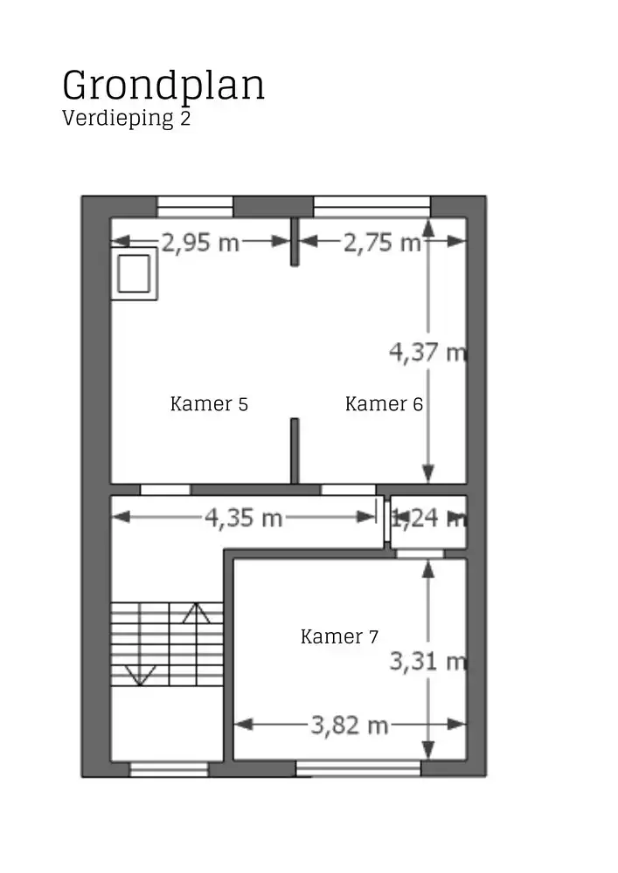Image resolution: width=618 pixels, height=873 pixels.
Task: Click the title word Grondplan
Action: pos(163,86)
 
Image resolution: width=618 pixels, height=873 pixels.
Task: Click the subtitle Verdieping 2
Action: pos(126,119)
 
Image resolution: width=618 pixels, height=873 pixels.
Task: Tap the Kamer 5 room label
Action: pos(209,404)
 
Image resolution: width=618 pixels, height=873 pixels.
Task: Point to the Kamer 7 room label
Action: pos(339,636)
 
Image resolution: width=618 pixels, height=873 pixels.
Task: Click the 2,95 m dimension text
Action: pos(201,243)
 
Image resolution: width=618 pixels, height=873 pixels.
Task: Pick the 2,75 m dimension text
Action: pos(382,243)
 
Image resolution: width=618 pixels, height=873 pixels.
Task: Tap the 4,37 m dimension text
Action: pos(427,352)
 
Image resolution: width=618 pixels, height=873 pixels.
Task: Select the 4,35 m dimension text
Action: pos(244,518)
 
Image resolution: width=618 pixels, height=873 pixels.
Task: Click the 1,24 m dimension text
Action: pos(427,519)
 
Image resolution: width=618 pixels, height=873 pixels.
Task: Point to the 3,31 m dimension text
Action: pos(427,663)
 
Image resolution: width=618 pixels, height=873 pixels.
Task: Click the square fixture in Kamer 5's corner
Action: pos(135,274)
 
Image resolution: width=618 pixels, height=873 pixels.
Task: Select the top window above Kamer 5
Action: pos(195,207)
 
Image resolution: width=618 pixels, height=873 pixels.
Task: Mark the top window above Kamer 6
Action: pos(371,207)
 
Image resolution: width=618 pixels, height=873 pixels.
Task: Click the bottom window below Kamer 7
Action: pos(358,768)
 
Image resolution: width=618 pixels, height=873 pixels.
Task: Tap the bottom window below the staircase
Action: pos(169,769)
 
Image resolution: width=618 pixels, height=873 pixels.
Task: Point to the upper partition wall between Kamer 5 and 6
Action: pos(295,240)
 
